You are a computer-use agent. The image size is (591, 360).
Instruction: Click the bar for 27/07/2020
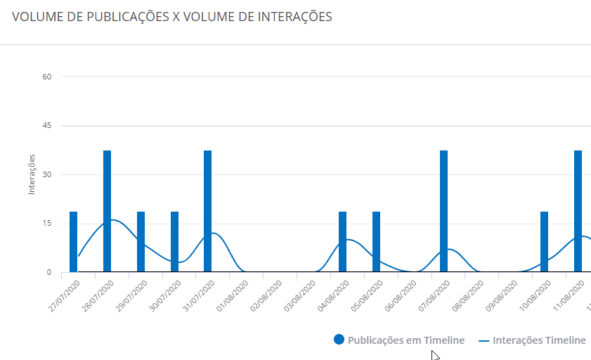(73, 241)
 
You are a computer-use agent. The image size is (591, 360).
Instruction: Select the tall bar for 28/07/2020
(107, 211)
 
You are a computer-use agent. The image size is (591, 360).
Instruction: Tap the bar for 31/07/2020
(207, 211)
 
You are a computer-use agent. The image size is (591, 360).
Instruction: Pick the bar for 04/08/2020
(342, 241)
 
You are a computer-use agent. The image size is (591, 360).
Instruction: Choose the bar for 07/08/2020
(443, 211)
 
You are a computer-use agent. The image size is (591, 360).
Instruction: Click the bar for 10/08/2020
(544, 241)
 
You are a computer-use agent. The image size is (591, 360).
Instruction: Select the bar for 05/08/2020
(376, 241)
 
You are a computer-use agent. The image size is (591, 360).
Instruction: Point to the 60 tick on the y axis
(47, 77)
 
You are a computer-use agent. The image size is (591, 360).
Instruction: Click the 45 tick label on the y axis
(47, 126)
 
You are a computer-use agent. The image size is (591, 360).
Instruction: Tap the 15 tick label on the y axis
(47, 224)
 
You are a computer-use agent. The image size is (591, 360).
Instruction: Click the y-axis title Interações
(32, 174)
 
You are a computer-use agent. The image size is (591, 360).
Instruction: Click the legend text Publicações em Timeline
(406, 340)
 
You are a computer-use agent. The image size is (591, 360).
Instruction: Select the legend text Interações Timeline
(539, 340)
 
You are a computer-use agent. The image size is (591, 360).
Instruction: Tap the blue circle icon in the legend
(339, 340)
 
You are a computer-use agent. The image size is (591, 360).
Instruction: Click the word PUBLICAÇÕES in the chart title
(127, 17)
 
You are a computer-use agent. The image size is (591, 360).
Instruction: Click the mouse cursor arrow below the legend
(435, 355)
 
